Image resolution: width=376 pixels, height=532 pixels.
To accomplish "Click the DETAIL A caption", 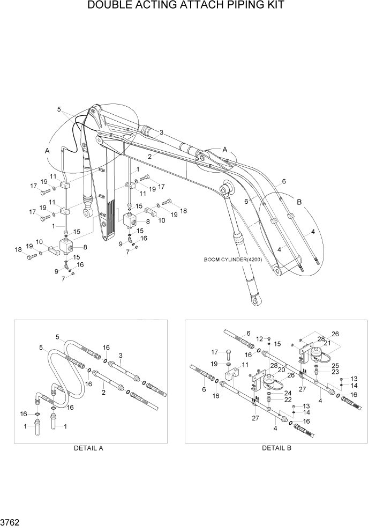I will click(x=88, y=448).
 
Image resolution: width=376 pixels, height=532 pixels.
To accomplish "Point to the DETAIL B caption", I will click(x=276, y=448).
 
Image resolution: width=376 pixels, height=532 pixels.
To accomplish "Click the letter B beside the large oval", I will click(x=299, y=203).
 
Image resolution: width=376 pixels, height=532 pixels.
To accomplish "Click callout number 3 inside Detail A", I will click(x=121, y=356).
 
